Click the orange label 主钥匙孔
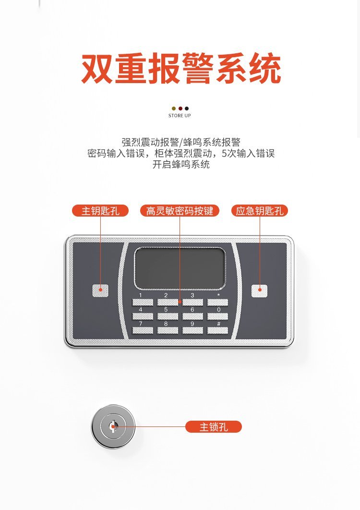point(100,211)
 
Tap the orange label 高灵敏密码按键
point(180,211)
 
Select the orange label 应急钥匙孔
point(260,211)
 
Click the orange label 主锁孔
point(213,427)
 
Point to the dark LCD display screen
point(180,268)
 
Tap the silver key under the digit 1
point(143,303)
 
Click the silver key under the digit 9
point(192,331)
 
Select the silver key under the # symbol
point(217,331)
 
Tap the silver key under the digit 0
point(217,316)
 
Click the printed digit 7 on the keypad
point(141,324)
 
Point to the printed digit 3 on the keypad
point(192,295)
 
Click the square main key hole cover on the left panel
point(100,291)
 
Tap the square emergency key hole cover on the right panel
point(260,291)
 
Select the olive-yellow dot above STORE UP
point(174,109)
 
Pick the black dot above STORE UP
point(187,109)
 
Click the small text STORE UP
point(180,115)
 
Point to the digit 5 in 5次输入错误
point(224,153)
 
